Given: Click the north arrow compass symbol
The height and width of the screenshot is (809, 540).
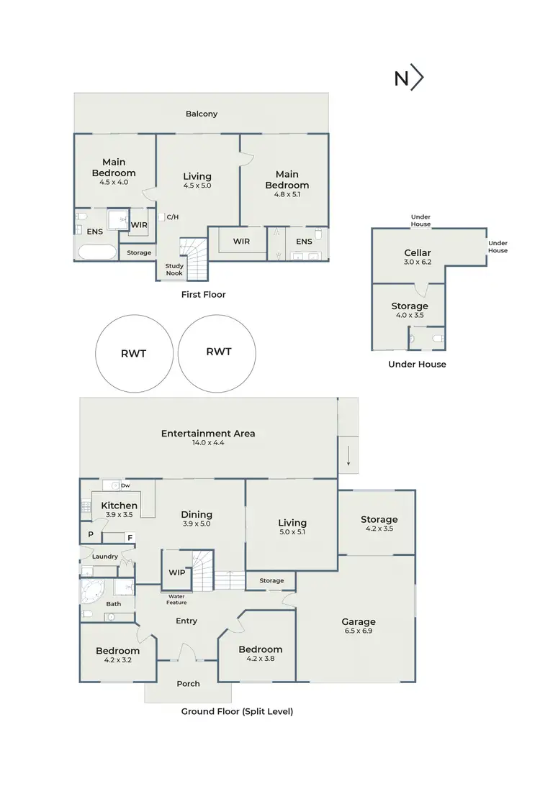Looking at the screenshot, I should [408, 78].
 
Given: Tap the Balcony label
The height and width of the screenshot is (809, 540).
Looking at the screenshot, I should [202, 114].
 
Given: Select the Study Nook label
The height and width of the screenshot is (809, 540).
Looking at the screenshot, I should [175, 270].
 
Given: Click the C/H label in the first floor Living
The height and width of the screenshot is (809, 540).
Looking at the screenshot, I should [172, 216].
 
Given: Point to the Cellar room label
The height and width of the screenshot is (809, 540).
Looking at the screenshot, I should [418, 252].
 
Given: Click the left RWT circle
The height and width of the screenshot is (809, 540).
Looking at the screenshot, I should [134, 352].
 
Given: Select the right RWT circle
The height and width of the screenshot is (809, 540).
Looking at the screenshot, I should [218, 352].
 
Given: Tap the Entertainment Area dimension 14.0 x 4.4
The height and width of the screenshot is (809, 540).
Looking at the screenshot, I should [208, 443].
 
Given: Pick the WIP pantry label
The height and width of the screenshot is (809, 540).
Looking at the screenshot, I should [176, 572].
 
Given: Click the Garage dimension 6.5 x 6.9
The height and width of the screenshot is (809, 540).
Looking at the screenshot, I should [359, 631].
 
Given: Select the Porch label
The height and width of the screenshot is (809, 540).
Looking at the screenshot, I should [188, 683].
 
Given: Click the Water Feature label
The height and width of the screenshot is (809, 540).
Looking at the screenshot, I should [177, 599].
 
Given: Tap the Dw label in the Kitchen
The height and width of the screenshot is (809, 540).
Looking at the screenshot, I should [125, 485].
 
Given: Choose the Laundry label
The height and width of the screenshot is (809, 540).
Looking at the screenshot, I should [105, 557].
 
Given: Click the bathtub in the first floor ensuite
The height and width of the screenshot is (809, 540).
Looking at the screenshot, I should [96, 252].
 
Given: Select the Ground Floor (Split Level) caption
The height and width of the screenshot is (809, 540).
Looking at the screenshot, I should [237, 711].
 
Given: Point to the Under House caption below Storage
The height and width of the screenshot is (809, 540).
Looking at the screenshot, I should [417, 364].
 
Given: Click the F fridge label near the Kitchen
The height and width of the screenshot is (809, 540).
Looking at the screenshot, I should [130, 537].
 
